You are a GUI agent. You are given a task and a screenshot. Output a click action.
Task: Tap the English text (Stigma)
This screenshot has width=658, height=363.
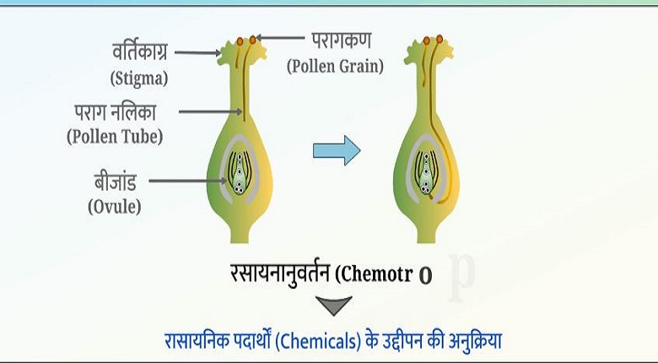tap(140, 79)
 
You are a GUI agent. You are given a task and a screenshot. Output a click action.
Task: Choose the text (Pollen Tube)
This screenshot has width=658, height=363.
tap(115, 135)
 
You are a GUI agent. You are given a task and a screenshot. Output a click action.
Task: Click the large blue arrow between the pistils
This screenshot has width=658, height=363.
tap(337, 150)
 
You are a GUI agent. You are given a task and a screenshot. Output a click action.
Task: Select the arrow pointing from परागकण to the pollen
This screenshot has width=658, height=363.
tap(282, 38)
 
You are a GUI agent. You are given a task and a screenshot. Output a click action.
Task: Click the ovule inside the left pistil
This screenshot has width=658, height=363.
tap(240, 173)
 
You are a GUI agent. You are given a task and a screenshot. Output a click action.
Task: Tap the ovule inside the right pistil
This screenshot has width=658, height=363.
tap(429, 173)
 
